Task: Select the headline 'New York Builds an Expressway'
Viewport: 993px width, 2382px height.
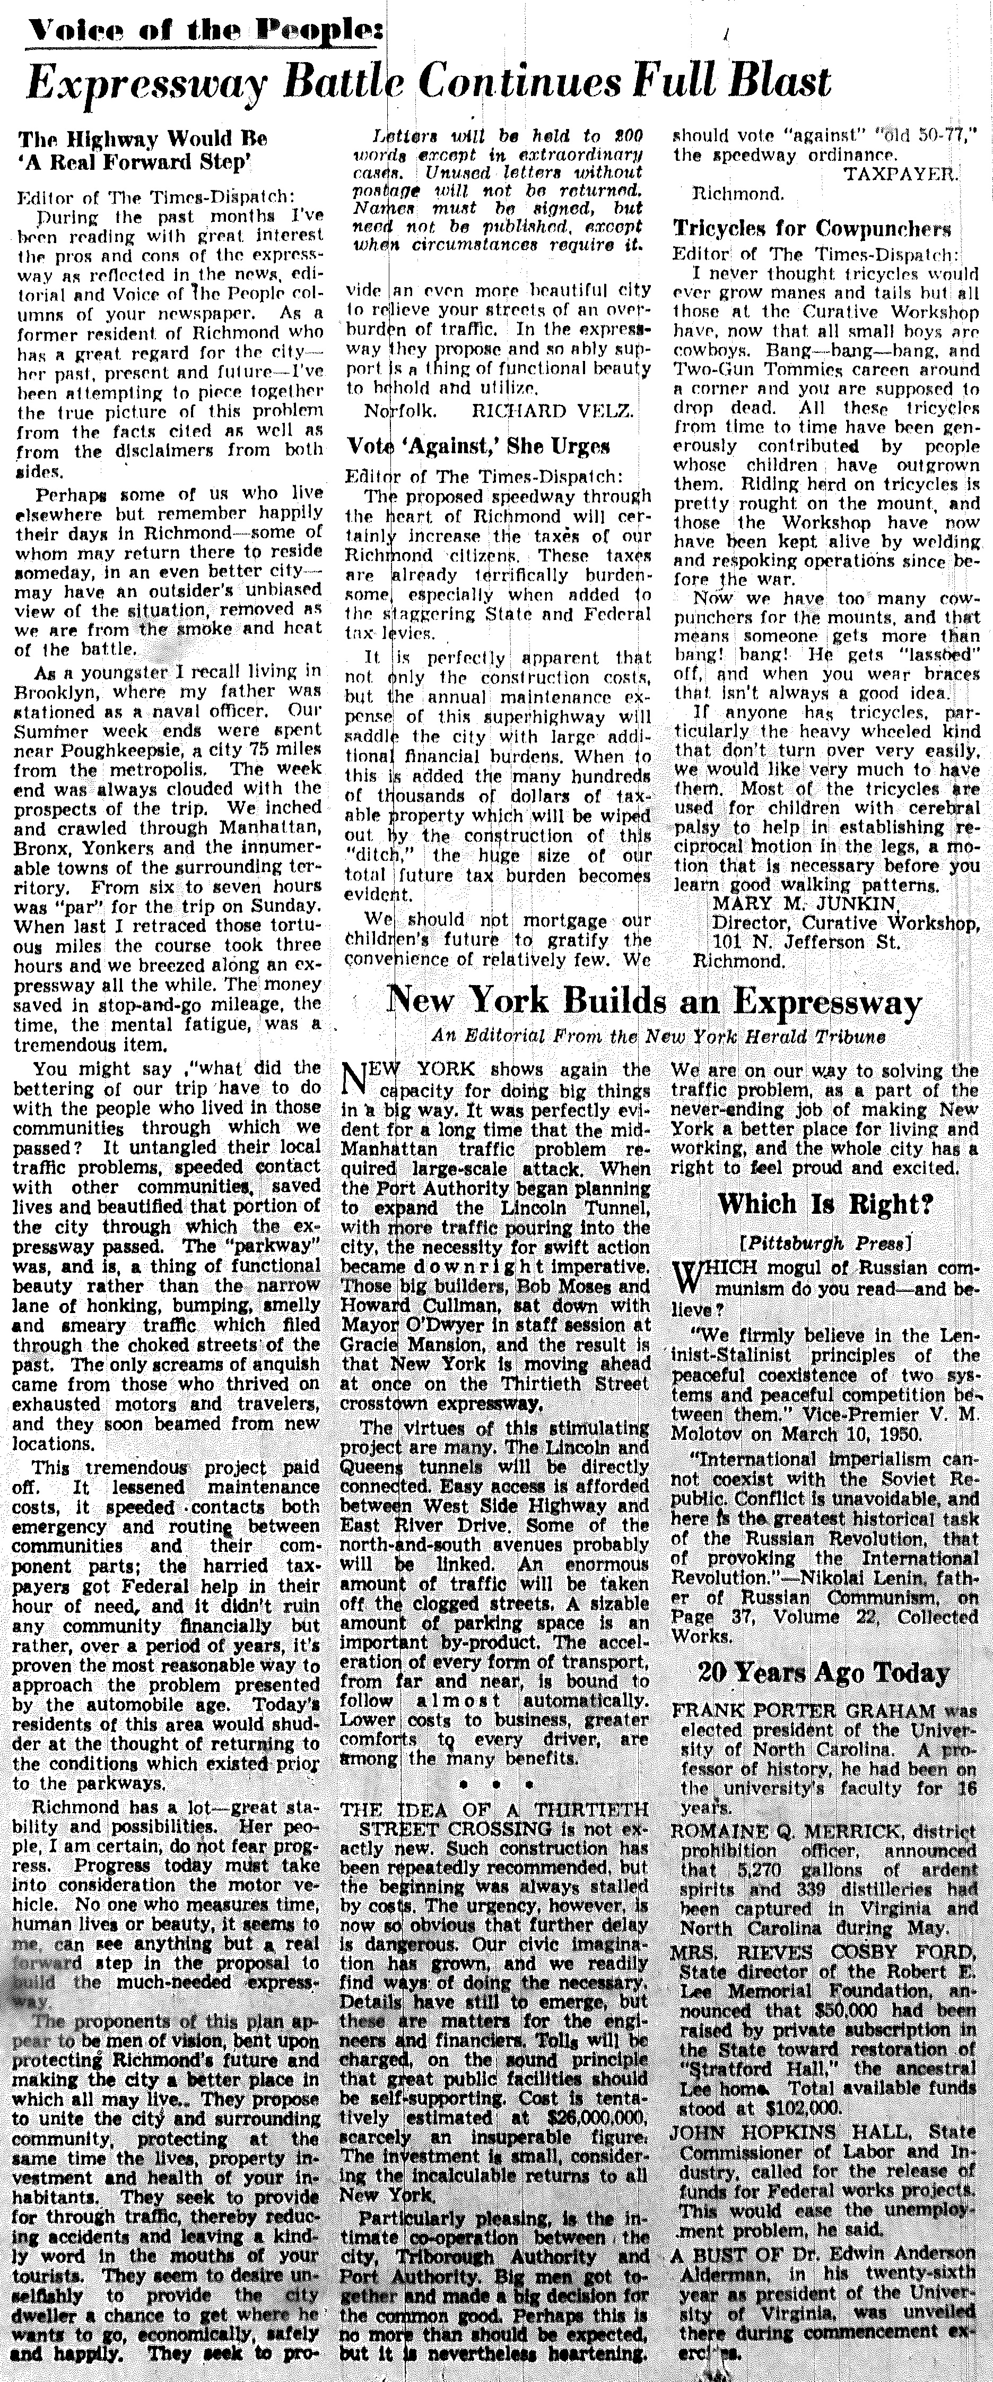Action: [x=653, y=1003]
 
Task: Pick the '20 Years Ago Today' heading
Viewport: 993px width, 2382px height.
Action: [x=824, y=1673]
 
